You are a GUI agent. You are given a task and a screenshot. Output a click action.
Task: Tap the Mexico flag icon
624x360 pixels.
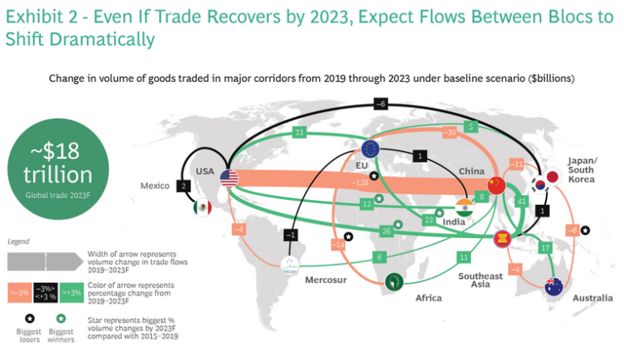pyautogui.click(x=201, y=208)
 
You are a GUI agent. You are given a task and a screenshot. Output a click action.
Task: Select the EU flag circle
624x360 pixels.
pyautogui.click(x=370, y=148)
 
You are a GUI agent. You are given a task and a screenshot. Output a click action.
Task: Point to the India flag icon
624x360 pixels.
pyautogui.click(x=462, y=206)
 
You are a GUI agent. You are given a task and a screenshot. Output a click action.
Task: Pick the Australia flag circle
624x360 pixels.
pyautogui.click(x=555, y=286)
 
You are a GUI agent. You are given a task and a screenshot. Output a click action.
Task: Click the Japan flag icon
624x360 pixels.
pyautogui.click(x=552, y=176)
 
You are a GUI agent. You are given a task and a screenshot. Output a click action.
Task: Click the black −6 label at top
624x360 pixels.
pyautogui.click(x=380, y=102)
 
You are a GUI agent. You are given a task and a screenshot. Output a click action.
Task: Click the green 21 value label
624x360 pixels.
pyautogui.click(x=300, y=132)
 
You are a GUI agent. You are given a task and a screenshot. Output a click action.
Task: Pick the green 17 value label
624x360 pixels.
pyautogui.click(x=545, y=247)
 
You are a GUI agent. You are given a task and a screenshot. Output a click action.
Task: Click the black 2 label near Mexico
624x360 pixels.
pyautogui.click(x=184, y=186)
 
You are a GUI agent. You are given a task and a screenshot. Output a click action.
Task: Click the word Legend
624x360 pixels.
pyautogui.click(x=18, y=241)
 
